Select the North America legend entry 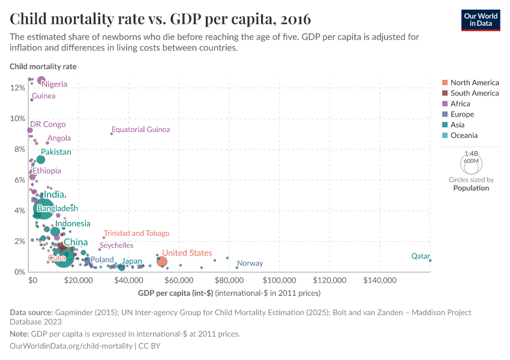point(474,83)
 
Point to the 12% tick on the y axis point(18,88)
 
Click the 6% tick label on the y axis point(18,180)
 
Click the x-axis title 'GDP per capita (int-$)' point(175,293)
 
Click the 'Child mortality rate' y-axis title point(43,67)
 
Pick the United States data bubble point(162,262)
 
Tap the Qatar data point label point(420,256)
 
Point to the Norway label point(250,263)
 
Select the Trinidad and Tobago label point(136,233)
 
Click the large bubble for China point(62,257)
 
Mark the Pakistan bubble point(41,160)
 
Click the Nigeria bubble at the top point(41,80)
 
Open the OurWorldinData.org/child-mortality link point(71,346)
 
